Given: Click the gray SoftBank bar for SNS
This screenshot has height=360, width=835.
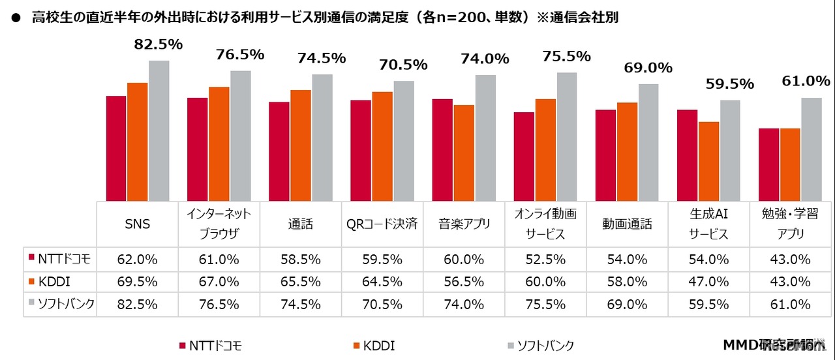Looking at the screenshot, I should click(x=159, y=130).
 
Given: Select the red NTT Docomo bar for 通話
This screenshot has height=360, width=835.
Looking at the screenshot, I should click(x=279, y=151).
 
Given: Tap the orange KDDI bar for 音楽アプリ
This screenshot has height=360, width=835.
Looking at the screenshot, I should click(x=464, y=153).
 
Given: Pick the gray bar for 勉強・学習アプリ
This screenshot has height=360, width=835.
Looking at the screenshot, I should click(x=811, y=149).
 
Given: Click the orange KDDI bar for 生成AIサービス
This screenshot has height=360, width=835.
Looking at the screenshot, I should click(x=708, y=161).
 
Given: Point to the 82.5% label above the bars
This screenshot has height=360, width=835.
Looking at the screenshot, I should click(x=159, y=44).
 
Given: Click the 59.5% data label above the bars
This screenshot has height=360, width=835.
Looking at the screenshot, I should click(x=729, y=84).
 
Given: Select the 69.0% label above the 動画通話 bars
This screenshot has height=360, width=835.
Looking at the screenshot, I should click(x=648, y=68).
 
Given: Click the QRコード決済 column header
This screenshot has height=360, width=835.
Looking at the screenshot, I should click(x=382, y=224).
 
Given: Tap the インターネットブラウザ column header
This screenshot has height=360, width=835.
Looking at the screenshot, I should click(x=219, y=224).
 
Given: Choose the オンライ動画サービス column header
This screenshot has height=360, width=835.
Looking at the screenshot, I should click(x=545, y=224).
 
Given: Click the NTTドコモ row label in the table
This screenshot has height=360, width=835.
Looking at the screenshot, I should click(x=60, y=259).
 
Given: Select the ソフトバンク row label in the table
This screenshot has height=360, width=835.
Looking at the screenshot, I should click(x=60, y=303).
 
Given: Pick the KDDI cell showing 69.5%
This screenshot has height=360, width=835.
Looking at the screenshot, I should click(x=138, y=281).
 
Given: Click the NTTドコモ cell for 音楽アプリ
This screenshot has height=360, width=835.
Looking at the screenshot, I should click(x=464, y=259).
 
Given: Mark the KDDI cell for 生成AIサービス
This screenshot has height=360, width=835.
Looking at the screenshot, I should click(x=708, y=281).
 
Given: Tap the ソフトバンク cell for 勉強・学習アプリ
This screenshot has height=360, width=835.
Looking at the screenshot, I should click(x=790, y=303).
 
